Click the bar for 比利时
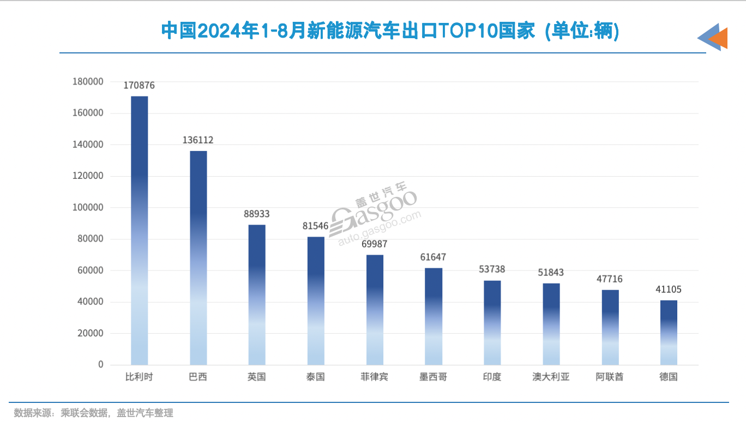coord(139,230)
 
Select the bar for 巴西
coord(198,257)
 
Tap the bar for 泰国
coord(316,300)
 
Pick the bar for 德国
coord(669,332)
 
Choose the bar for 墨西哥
coord(434,316)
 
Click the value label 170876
coord(139,86)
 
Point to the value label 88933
coord(257,214)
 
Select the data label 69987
coord(375,244)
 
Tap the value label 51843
coord(551,273)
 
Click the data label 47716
coord(610,279)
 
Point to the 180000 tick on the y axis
coord(88,82)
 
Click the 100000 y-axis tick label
coord(88,208)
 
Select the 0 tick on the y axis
coord(100,364)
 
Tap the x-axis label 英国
coord(257,377)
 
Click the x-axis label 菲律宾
coord(375,377)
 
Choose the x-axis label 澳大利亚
coord(551,377)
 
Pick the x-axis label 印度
coord(492,377)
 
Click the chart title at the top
coord(390,31)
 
